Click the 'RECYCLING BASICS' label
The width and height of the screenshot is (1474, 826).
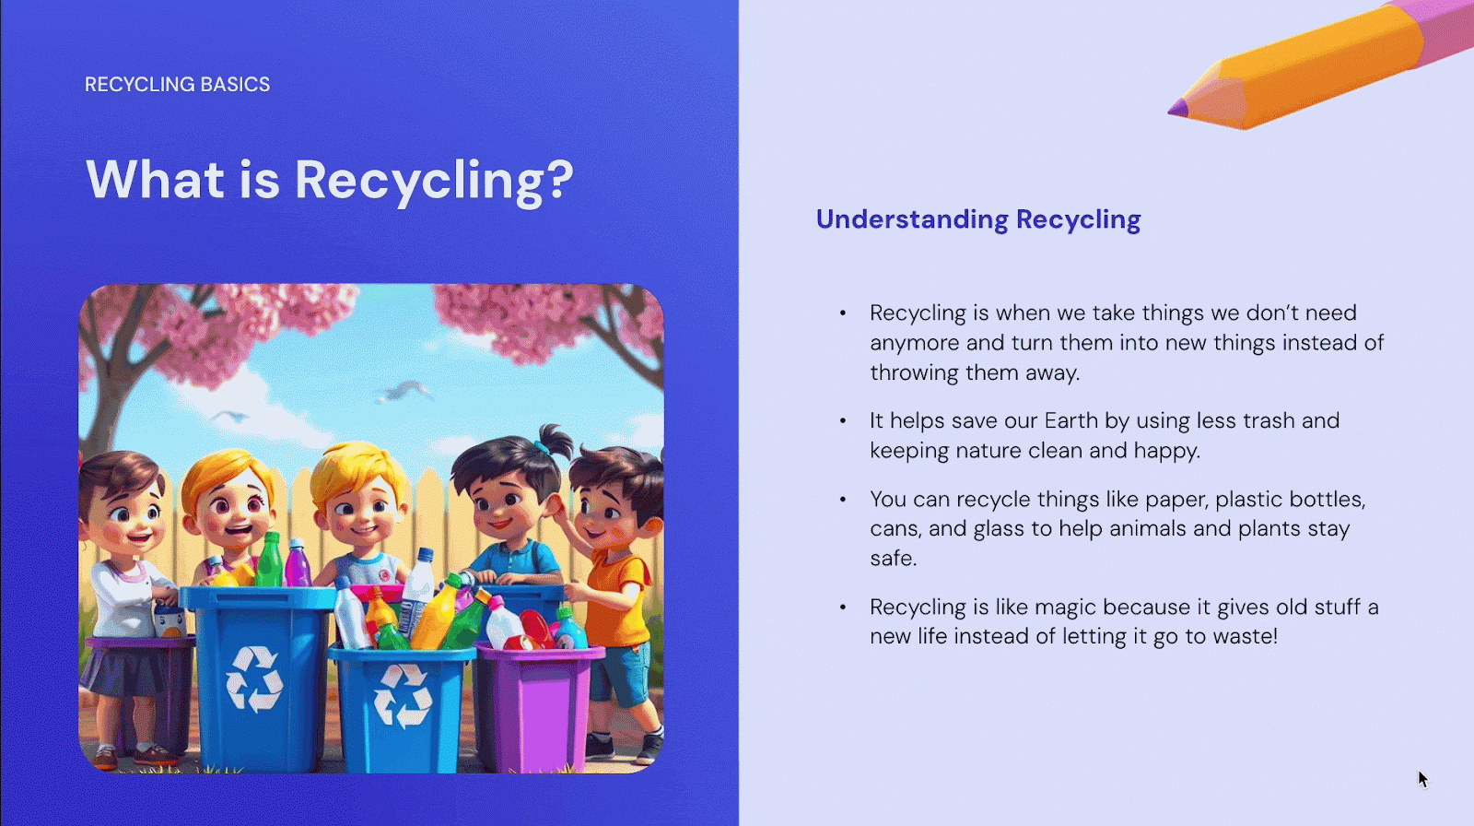click(x=177, y=84)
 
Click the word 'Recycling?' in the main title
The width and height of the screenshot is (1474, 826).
click(x=434, y=181)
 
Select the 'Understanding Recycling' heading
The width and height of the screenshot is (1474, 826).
click(x=977, y=219)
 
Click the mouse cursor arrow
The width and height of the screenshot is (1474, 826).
click(x=1422, y=779)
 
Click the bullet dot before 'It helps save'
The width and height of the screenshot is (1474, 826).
click(x=843, y=421)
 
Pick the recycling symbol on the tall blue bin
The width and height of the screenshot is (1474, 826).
click(x=254, y=679)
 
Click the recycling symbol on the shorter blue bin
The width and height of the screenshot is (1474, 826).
click(x=403, y=696)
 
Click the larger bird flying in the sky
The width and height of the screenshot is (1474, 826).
click(x=404, y=391)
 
